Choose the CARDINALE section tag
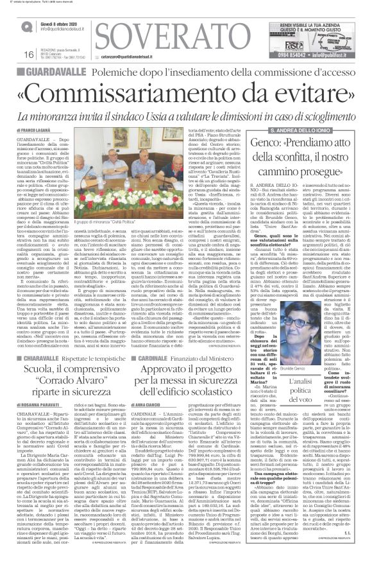(x=153, y=340)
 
